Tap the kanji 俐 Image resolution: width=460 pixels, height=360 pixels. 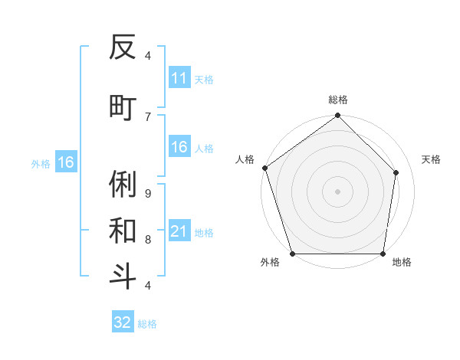pyautogui.click(x=123, y=183)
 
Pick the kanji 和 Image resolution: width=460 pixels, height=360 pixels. pyautogui.click(x=123, y=230)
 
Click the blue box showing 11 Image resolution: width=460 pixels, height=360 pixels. pyautogui.click(x=179, y=78)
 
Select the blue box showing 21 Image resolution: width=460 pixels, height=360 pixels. pyautogui.click(x=179, y=231)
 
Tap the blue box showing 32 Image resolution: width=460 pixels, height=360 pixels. pyautogui.click(x=123, y=322)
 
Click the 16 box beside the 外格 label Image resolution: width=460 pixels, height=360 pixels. pyautogui.click(x=66, y=162)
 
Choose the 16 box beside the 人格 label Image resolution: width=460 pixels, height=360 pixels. pyautogui.click(x=179, y=147)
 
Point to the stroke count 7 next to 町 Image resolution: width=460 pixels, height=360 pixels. pyautogui.click(x=147, y=116)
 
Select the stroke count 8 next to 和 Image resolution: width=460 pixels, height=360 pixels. pyautogui.click(x=147, y=239)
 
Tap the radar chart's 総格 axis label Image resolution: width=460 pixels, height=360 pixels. pyautogui.click(x=337, y=100)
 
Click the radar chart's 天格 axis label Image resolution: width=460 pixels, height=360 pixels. pyautogui.click(x=431, y=159)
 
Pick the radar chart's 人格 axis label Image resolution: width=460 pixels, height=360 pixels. pyautogui.click(x=245, y=159)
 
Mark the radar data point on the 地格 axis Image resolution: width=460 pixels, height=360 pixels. pyautogui.click(x=383, y=254)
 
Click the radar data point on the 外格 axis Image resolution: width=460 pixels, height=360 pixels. pyautogui.click(x=292, y=254)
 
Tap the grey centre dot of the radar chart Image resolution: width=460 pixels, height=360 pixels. pyautogui.click(x=337, y=191)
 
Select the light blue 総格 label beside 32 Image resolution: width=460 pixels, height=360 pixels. pyautogui.click(x=147, y=324)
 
